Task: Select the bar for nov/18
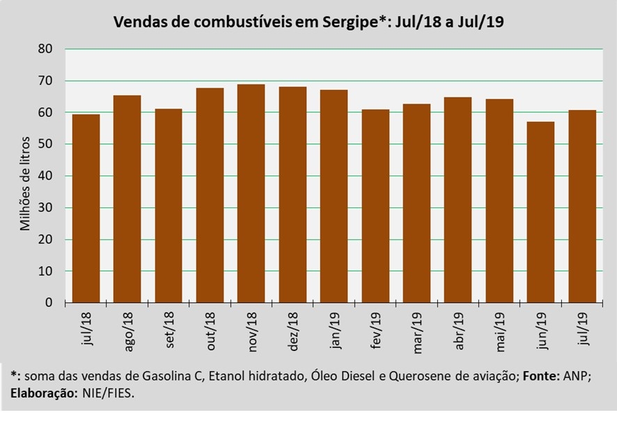251,194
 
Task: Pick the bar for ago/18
127,199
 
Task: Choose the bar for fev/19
375,206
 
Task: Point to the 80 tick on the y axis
47,49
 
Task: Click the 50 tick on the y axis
47,144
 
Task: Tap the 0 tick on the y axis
49,303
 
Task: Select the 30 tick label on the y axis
47,207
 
